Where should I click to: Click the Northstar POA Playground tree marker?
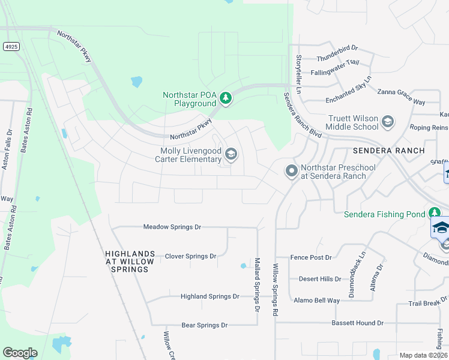click(226, 98)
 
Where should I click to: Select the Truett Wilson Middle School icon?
click(388, 122)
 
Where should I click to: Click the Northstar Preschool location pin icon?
click(292, 172)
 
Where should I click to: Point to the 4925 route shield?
click(10, 46)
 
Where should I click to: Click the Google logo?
click(20, 353)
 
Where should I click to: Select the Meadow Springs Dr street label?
click(172, 227)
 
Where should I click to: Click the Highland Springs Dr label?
click(210, 296)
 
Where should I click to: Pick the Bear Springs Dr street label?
click(205, 325)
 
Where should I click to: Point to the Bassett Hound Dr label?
click(357, 323)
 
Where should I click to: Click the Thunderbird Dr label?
click(337, 59)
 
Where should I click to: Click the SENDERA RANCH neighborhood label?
click(388, 151)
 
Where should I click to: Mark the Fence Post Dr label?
click(311, 257)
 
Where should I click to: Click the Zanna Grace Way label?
click(401, 93)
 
